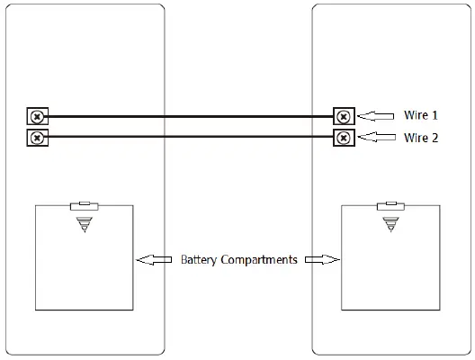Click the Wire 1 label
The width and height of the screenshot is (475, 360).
pyautogui.click(x=421, y=116)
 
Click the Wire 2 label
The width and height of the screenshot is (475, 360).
pyautogui.click(x=421, y=139)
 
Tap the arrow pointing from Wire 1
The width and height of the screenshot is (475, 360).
pyautogui.click(x=376, y=116)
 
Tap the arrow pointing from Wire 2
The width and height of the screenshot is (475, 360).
pyautogui.click(x=376, y=139)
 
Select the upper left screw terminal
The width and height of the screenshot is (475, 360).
pyautogui.click(x=36, y=117)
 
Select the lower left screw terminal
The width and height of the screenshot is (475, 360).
pyautogui.click(x=36, y=139)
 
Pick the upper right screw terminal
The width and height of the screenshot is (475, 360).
pyautogui.click(x=344, y=117)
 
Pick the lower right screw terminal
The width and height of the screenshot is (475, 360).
pyautogui.click(x=344, y=139)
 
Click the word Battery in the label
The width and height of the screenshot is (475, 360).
pyautogui.click(x=199, y=260)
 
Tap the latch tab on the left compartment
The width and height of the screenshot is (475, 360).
pyautogui.click(x=85, y=206)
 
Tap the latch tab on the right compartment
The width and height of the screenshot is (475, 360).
pyautogui.click(x=392, y=206)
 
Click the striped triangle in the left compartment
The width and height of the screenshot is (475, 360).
pyautogui.click(x=85, y=223)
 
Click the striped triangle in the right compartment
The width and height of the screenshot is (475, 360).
pyautogui.click(x=392, y=223)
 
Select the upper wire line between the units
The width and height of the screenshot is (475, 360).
pyautogui.click(x=190, y=116)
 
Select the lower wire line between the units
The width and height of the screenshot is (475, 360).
pyautogui.click(x=190, y=139)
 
